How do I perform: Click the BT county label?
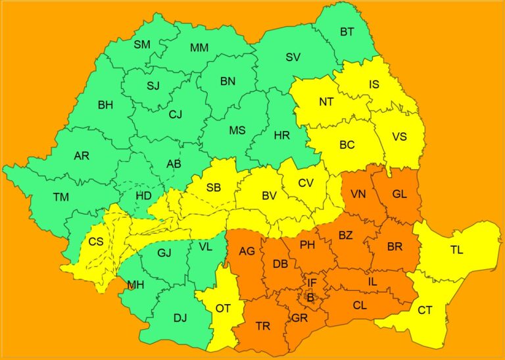click(x=347, y=32)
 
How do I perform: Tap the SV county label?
click(x=293, y=57)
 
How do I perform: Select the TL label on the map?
click(x=457, y=250)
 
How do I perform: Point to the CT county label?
click(x=425, y=309)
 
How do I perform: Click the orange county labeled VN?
click(x=358, y=194)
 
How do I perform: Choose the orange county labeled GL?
click(x=399, y=194)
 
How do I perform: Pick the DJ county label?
click(x=180, y=318)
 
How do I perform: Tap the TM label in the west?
click(x=61, y=197)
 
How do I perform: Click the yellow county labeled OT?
click(x=224, y=308)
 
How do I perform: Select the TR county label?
click(x=262, y=326)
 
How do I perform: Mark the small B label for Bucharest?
click(x=310, y=297)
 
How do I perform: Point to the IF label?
click(x=313, y=283)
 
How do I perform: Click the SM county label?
click(x=142, y=45)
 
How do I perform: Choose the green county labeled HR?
click(x=281, y=136)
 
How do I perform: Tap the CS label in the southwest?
click(x=96, y=242)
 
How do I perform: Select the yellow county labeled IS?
click(x=374, y=84)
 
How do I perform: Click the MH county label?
click(x=135, y=285)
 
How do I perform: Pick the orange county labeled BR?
click(x=395, y=247)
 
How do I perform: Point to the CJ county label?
click(x=175, y=115)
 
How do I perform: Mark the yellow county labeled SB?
click(x=214, y=188)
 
